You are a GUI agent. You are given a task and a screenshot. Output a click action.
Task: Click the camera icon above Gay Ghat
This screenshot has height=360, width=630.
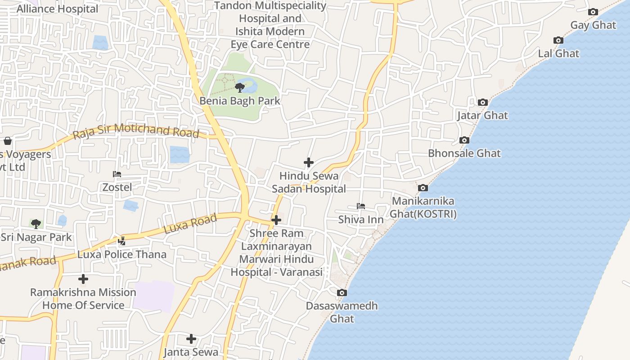click(x=593, y=12)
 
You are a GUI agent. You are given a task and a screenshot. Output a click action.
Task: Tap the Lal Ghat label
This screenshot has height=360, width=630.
click(x=558, y=53)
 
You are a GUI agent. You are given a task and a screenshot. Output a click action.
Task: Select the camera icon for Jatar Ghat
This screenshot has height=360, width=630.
click(x=483, y=103)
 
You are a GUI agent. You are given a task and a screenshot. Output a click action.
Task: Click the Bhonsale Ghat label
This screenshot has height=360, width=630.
click(x=464, y=153)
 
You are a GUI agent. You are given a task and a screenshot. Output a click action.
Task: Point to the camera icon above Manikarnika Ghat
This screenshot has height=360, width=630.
click(x=423, y=188)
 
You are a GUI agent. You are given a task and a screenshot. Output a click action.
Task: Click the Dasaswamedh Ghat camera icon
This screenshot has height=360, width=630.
click(x=342, y=293)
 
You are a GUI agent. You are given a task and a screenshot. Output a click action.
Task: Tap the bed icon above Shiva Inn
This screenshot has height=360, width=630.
click(x=361, y=207)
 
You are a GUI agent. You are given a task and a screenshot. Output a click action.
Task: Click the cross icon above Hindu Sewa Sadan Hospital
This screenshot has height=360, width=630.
click(x=309, y=162)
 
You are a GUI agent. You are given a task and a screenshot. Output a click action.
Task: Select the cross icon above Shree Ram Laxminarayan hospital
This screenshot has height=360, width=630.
click(x=276, y=220)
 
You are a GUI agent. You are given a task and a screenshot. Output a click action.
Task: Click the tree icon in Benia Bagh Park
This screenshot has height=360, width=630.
click(x=240, y=87)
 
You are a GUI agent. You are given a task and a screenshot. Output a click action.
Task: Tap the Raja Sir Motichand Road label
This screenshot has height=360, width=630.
click(x=136, y=131)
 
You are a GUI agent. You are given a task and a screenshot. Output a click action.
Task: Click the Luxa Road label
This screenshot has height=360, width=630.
click(x=190, y=224)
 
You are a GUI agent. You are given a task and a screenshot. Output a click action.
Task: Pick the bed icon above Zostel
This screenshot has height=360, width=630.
click(x=117, y=174)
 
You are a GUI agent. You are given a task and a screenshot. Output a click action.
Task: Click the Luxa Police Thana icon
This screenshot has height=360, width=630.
click(x=121, y=241)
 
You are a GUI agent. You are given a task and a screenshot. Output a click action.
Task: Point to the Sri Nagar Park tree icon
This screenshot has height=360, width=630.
click(x=36, y=224)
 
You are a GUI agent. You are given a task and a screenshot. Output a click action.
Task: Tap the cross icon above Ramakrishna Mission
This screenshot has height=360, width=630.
click(x=83, y=279)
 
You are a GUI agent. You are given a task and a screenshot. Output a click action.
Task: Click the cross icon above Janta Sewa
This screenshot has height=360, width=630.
click(x=191, y=338)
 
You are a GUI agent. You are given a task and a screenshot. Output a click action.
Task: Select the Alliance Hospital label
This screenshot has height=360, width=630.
click(x=57, y=9)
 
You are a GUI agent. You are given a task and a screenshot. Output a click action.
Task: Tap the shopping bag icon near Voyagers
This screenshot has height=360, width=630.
click(x=7, y=141)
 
